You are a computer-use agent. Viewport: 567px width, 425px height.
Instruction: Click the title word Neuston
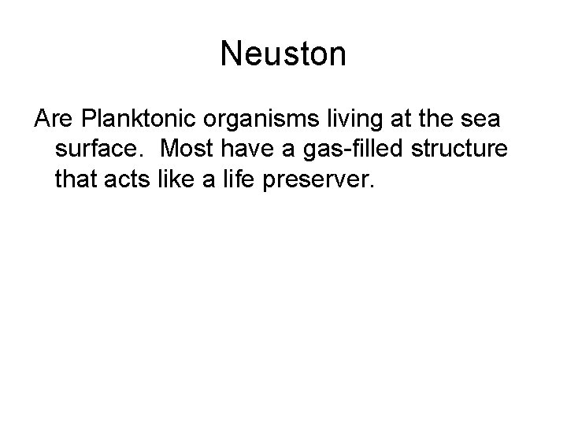click(x=283, y=54)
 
